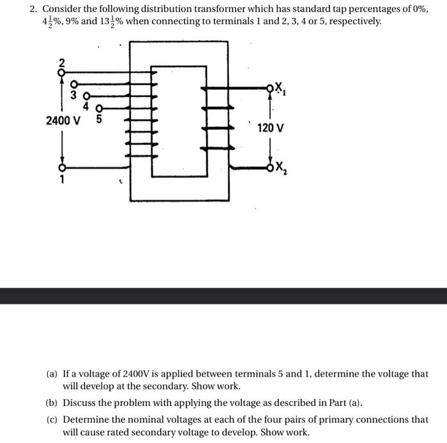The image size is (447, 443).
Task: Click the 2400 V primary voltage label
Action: [x=63, y=120]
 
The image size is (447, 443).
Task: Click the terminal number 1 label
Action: [x=63, y=180]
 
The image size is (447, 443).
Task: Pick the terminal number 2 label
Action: [x=62, y=63]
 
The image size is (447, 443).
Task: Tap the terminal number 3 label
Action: [x=73, y=96]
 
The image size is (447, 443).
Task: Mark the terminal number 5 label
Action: [x=98, y=118]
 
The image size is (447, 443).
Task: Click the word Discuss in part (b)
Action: [x=80, y=403]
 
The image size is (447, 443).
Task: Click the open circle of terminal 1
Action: [x=63, y=168]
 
